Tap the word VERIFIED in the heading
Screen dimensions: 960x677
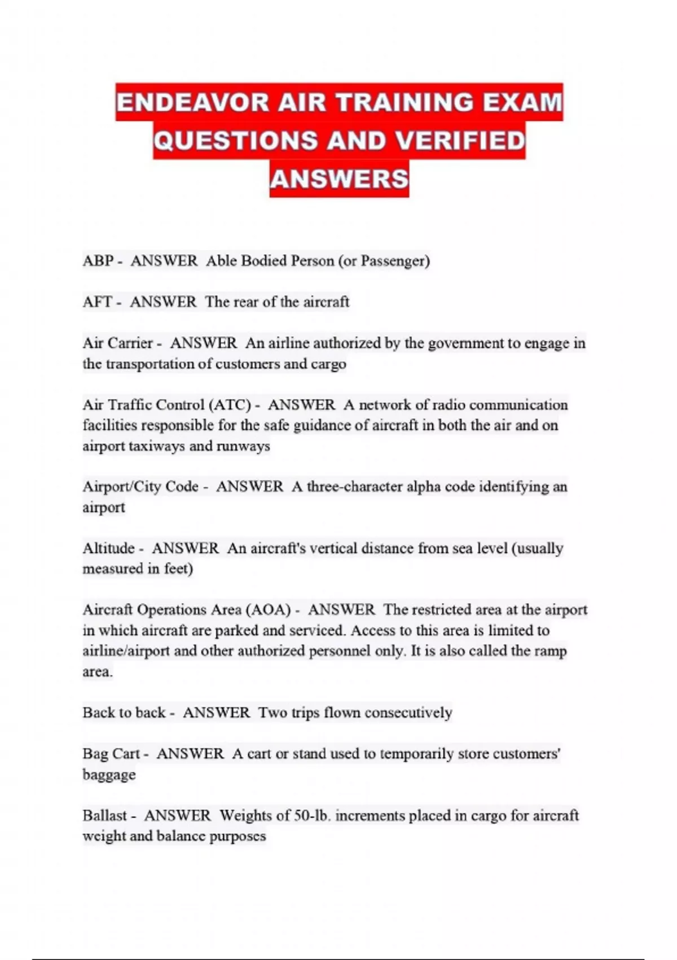[x=460, y=141]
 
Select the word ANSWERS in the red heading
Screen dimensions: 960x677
[x=339, y=179]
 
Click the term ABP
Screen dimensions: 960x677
[x=98, y=261]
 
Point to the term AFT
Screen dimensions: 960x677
[x=97, y=302]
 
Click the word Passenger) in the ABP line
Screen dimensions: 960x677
[x=395, y=261]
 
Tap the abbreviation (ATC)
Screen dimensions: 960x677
[x=230, y=405]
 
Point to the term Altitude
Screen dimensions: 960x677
[x=108, y=548]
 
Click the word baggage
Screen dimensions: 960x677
[x=109, y=775]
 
